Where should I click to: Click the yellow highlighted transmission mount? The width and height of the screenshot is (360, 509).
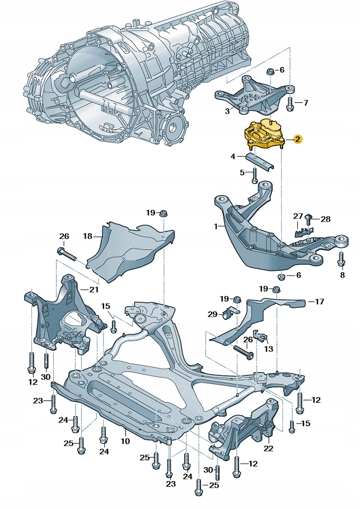[x=263, y=135]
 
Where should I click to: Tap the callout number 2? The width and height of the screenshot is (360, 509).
[x=297, y=139]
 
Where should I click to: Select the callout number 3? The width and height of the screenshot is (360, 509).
[x=227, y=111]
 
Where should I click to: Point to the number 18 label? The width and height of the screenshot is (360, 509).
[x=87, y=236]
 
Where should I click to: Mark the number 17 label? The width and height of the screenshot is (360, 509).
[x=319, y=302]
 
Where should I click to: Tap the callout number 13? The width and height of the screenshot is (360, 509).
[x=269, y=349]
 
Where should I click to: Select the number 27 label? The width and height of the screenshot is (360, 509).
[x=298, y=216]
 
